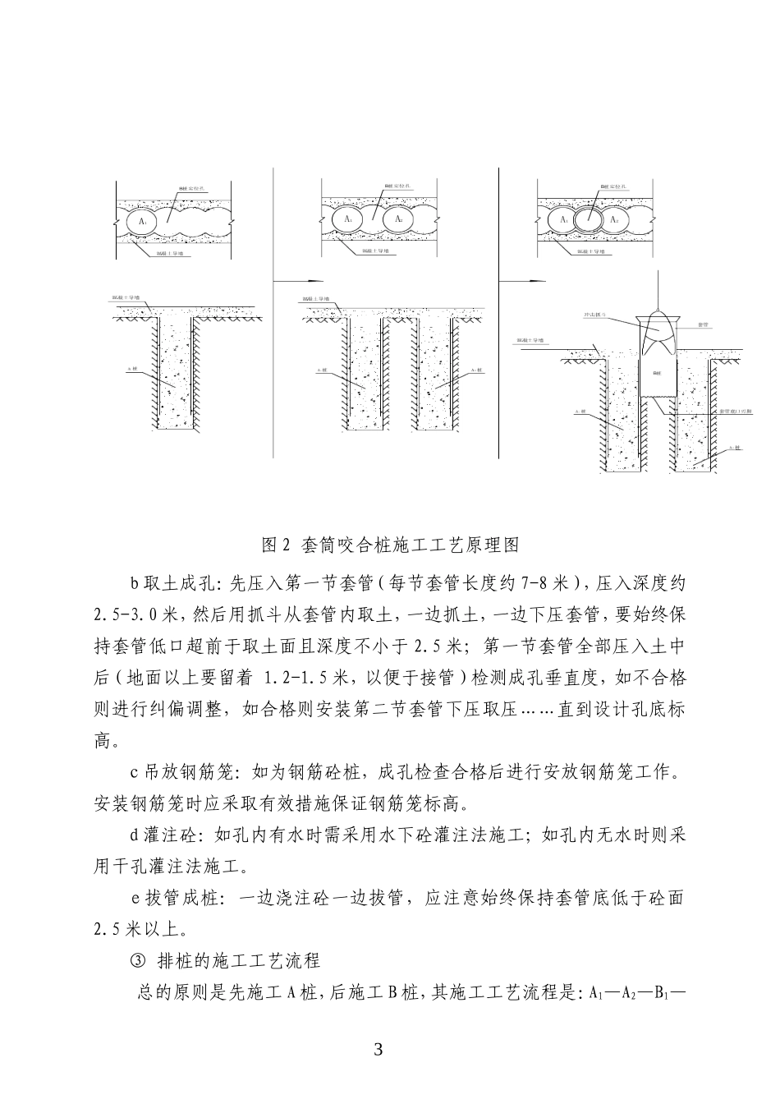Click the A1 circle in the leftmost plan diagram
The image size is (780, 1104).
[143, 221]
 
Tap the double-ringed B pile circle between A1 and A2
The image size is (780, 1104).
[589, 220]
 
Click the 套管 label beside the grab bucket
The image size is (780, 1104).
[703, 325]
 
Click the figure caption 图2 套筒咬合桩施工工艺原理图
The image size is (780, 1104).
[390, 545]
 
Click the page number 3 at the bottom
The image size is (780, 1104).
[379, 1049]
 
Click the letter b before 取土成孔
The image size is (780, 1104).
[135, 584]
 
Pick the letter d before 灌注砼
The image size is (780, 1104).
[135, 836]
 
